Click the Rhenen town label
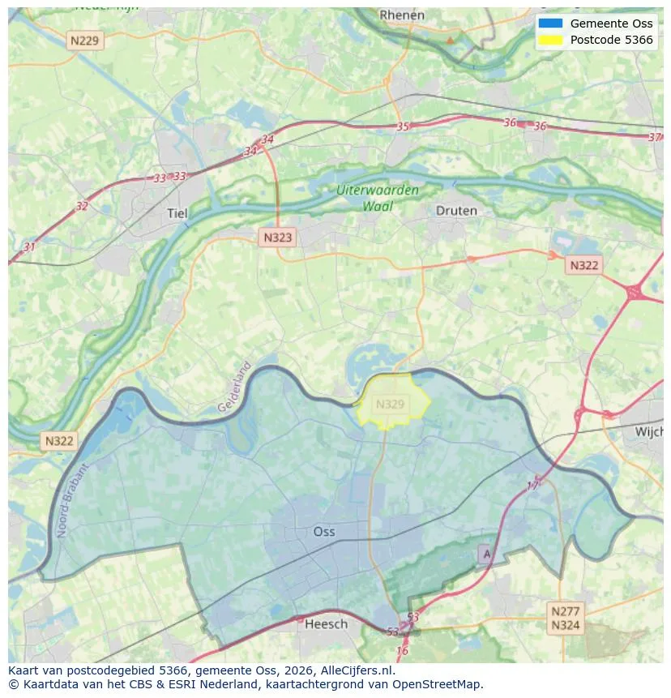pos(402,15)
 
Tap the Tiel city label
pos(177,213)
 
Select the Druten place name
pos(456,210)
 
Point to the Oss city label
pos(323,532)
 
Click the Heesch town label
pos(326,623)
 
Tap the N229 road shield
pos(86,41)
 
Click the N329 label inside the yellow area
pos(391,404)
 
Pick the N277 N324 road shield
pos(565,618)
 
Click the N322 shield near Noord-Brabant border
pos(59,441)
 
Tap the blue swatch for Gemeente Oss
pos(550,24)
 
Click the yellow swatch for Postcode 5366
pos(550,41)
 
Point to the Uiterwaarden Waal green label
pos(378,198)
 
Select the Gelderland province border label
pos(235,387)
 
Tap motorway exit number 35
pos(403,126)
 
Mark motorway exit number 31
pos(30,246)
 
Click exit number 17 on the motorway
pos(532,485)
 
